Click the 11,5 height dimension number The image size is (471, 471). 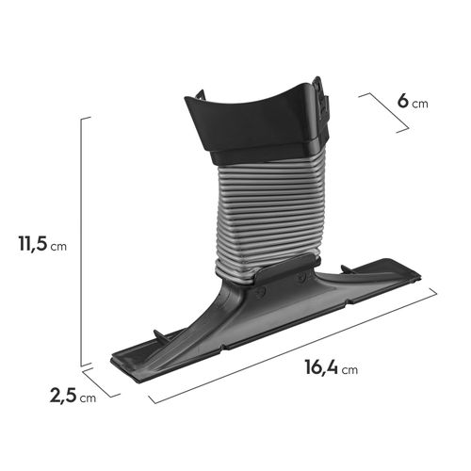(33, 243)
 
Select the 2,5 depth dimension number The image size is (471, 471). (63, 396)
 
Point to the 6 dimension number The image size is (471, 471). (402, 101)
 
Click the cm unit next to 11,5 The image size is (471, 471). (58, 247)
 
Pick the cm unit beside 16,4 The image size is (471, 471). (349, 370)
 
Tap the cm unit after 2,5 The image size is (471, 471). (88, 398)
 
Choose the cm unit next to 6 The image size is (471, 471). (420, 104)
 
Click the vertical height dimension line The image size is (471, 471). (81, 242)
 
